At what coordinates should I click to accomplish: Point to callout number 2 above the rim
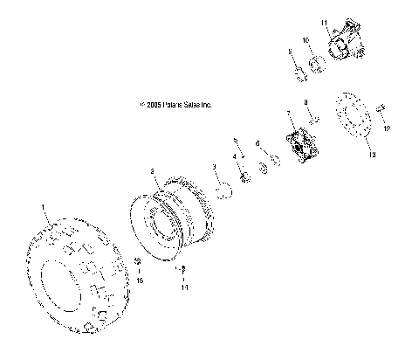(x=152, y=172)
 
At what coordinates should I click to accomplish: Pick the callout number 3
(x=215, y=166)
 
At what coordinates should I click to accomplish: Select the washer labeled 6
(x=272, y=161)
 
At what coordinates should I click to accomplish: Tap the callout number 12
(x=387, y=129)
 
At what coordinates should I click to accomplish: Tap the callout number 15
(x=138, y=281)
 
